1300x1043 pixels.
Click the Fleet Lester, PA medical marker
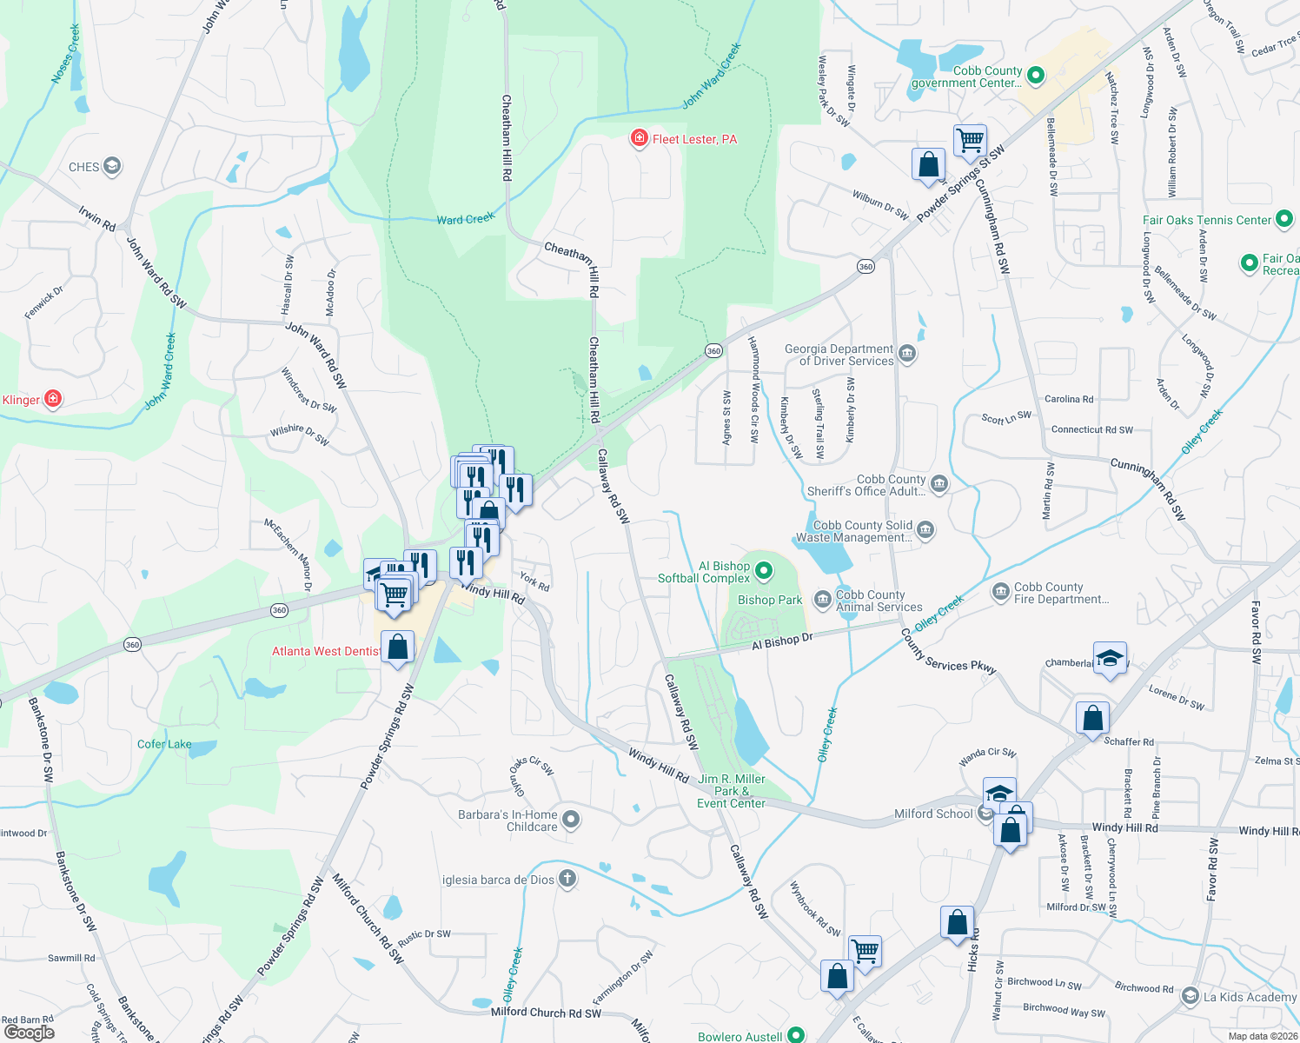tap(640, 139)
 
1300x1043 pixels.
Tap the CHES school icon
tap(111, 166)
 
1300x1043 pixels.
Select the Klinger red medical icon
tap(53, 399)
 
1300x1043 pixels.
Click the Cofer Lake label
tap(164, 744)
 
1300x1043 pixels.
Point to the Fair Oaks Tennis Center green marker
tap(1284, 219)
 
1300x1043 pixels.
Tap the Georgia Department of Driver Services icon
tap(907, 353)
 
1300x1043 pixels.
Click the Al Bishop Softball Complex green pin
tap(764, 571)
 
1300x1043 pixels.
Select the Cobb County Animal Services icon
tap(822, 600)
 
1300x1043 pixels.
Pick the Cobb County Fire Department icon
tap(1000, 592)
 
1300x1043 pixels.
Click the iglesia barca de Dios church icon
tap(567, 878)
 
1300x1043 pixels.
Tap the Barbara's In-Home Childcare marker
tap(571, 819)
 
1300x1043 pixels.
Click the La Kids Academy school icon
tap(1191, 996)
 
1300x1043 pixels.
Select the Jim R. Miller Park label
tap(731, 791)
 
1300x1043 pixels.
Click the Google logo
tap(29, 1032)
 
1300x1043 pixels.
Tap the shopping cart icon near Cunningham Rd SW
tap(970, 139)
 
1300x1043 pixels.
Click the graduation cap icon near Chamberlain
tap(1110, 657)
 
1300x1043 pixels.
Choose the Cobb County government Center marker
tap(1035, 76)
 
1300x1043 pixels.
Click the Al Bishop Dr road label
tap(782, 641)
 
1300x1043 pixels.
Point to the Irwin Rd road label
tap(97, 218)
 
